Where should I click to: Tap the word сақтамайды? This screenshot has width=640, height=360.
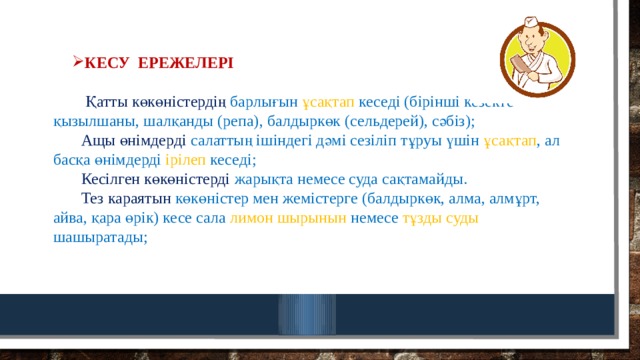(423, 180)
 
